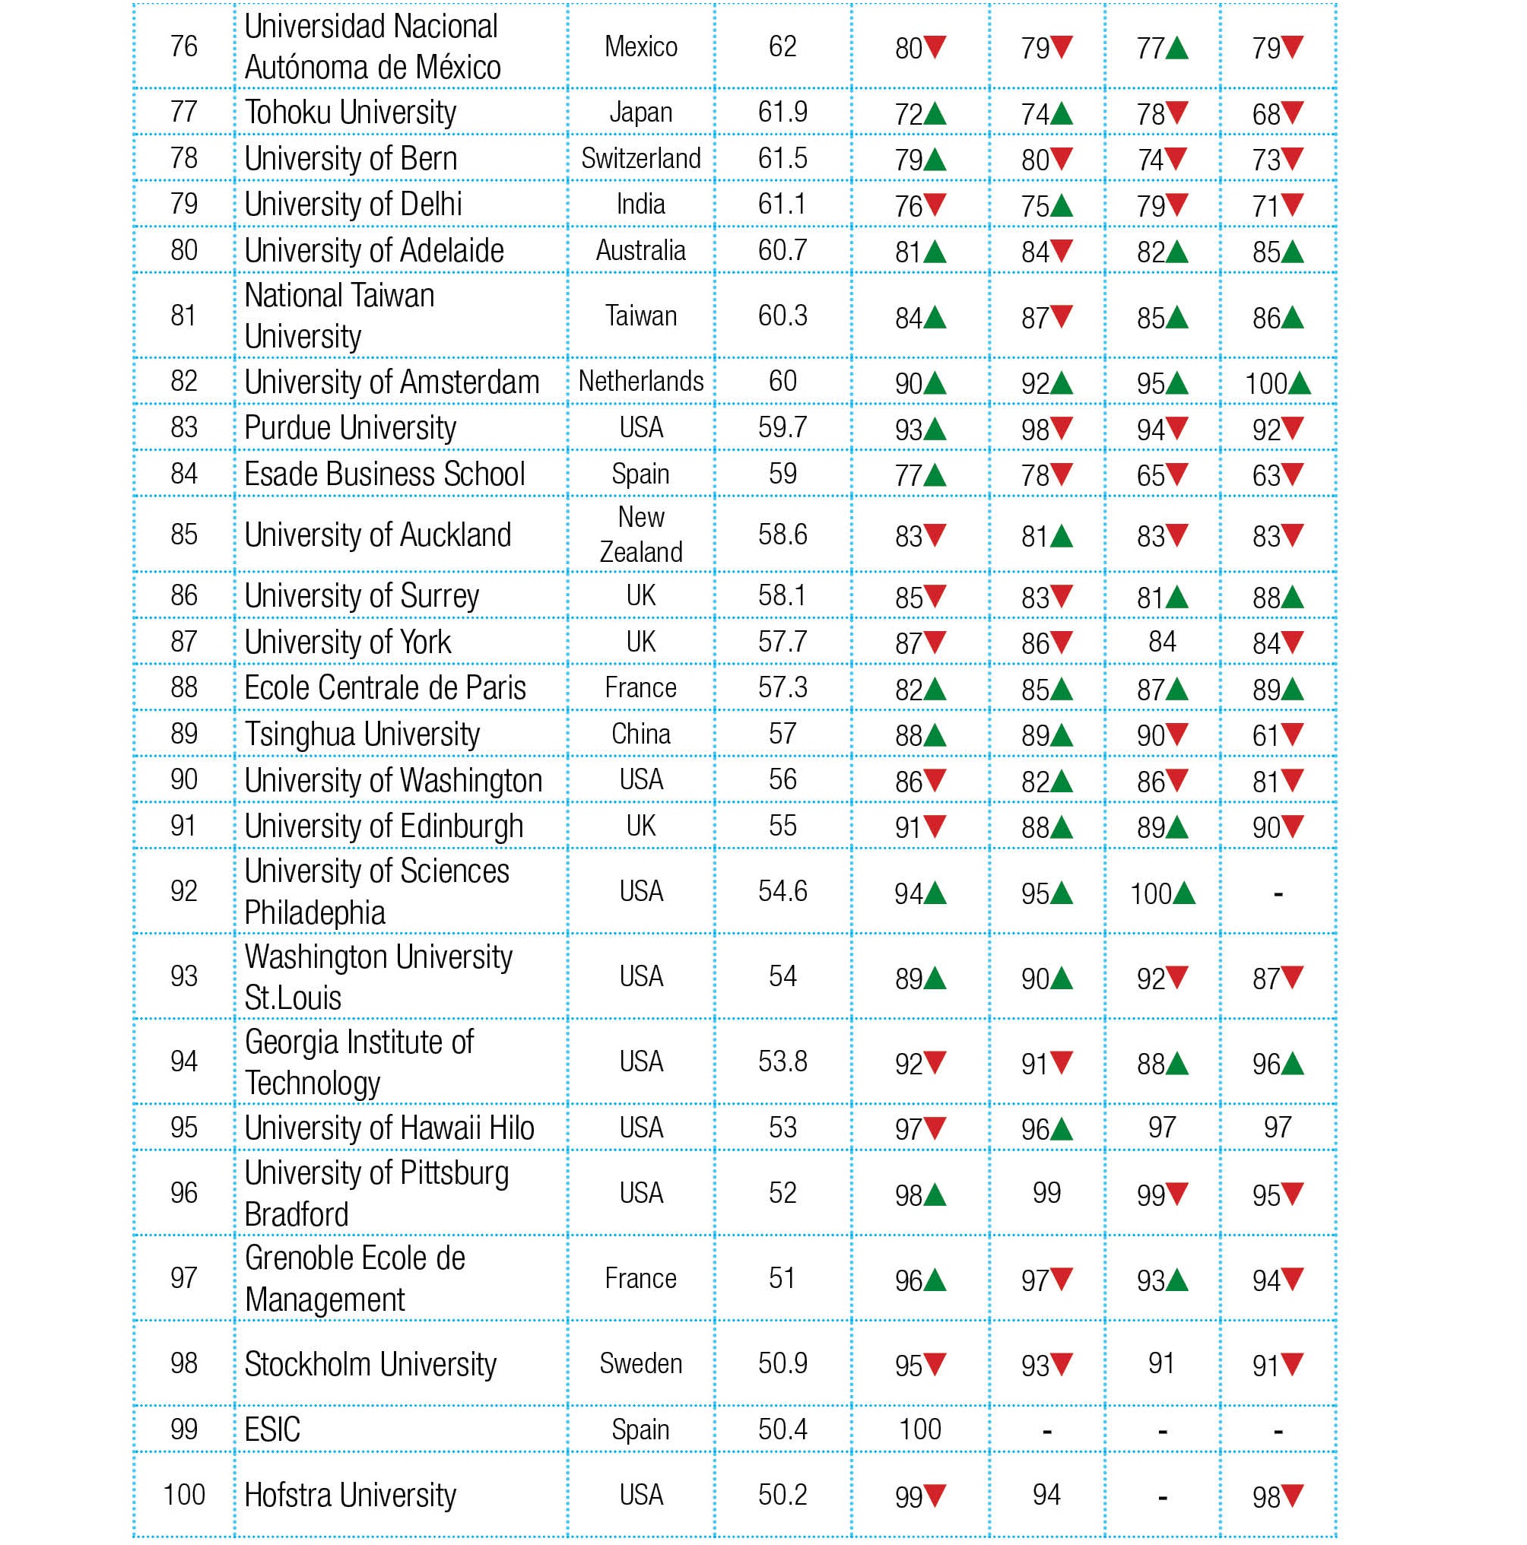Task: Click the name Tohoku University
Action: [350, 113]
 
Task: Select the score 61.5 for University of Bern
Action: [782, 158]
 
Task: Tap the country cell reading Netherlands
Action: [641, 382]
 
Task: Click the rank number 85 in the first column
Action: [183, 535]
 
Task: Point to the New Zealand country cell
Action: [641, 535]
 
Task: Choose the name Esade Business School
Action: [384, 474]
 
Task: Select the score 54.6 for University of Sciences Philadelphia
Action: [782, 891]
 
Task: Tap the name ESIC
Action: [272, 1429]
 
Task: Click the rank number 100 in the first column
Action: [183, 1495]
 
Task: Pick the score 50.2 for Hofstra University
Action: [782, 1495]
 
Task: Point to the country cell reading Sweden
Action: [641, 1363]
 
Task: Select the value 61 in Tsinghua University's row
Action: [1265, 735]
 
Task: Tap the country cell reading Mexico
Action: [641, 47]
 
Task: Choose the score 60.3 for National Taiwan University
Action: [782, 316]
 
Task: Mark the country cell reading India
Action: [641, 205]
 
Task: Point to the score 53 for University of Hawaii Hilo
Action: [782, 1128]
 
